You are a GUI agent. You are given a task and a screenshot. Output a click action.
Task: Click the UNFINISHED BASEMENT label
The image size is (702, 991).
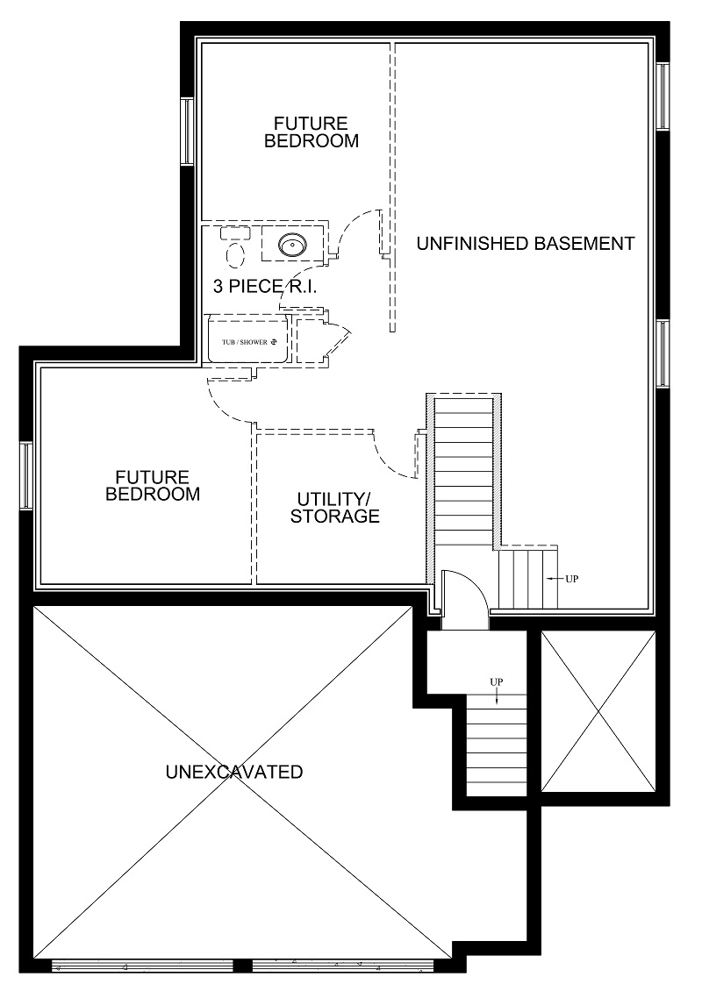tap(526, 243)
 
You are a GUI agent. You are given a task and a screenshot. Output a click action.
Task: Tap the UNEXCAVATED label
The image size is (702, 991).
tap(234, 772)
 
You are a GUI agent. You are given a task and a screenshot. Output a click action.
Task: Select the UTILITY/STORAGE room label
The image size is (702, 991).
tap(335, 508)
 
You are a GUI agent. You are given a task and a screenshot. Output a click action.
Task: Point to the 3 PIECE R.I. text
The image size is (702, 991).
tap(265, 286)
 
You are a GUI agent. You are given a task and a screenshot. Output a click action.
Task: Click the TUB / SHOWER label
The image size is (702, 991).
tap(245, 343)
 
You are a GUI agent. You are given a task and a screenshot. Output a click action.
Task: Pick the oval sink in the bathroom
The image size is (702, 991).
tap(293, 243)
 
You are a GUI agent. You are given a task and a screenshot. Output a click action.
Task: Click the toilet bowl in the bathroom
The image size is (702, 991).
tap(235, 253)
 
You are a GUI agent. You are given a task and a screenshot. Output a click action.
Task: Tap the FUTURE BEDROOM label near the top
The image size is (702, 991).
tap(312, 132)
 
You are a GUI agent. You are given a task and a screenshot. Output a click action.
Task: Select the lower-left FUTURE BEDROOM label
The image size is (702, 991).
tap(153, 485)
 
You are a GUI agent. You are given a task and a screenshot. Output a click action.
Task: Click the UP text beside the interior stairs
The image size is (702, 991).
tap(572, 578)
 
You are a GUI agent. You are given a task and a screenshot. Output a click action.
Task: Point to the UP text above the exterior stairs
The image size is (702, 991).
tap(497, 682)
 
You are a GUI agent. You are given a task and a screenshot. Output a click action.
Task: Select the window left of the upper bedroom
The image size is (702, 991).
tap(187, 132)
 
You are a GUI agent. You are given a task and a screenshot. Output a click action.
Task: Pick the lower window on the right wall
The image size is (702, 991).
tap(663, 354)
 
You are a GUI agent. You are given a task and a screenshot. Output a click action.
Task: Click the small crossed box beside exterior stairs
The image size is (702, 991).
tap(598, 711)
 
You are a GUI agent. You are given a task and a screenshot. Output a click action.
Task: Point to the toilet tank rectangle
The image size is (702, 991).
tap(235, 233)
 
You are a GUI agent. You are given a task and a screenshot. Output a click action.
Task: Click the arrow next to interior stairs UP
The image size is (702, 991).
tap(555, 578)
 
